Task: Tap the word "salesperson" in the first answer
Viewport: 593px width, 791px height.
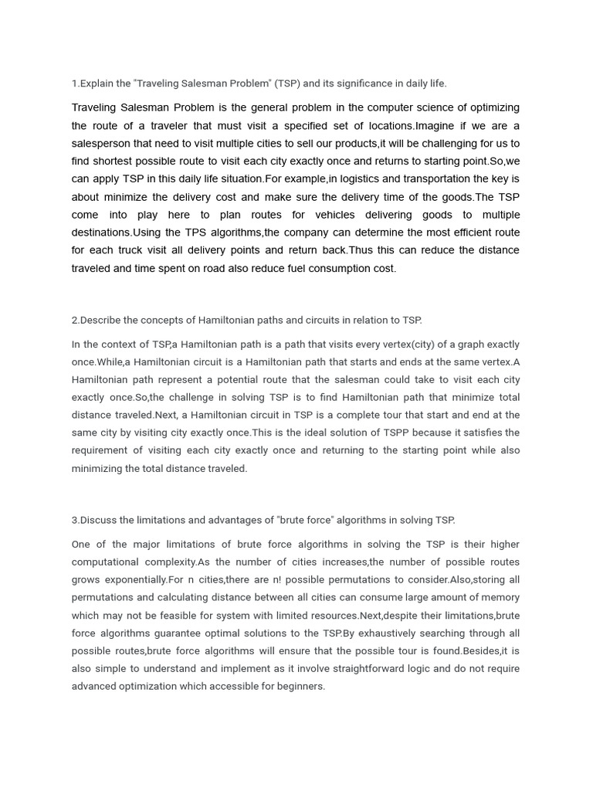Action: point(101,143)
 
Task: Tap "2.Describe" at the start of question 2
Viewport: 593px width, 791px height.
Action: point(100,320)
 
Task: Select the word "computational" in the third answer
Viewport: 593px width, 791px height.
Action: point(105,562)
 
